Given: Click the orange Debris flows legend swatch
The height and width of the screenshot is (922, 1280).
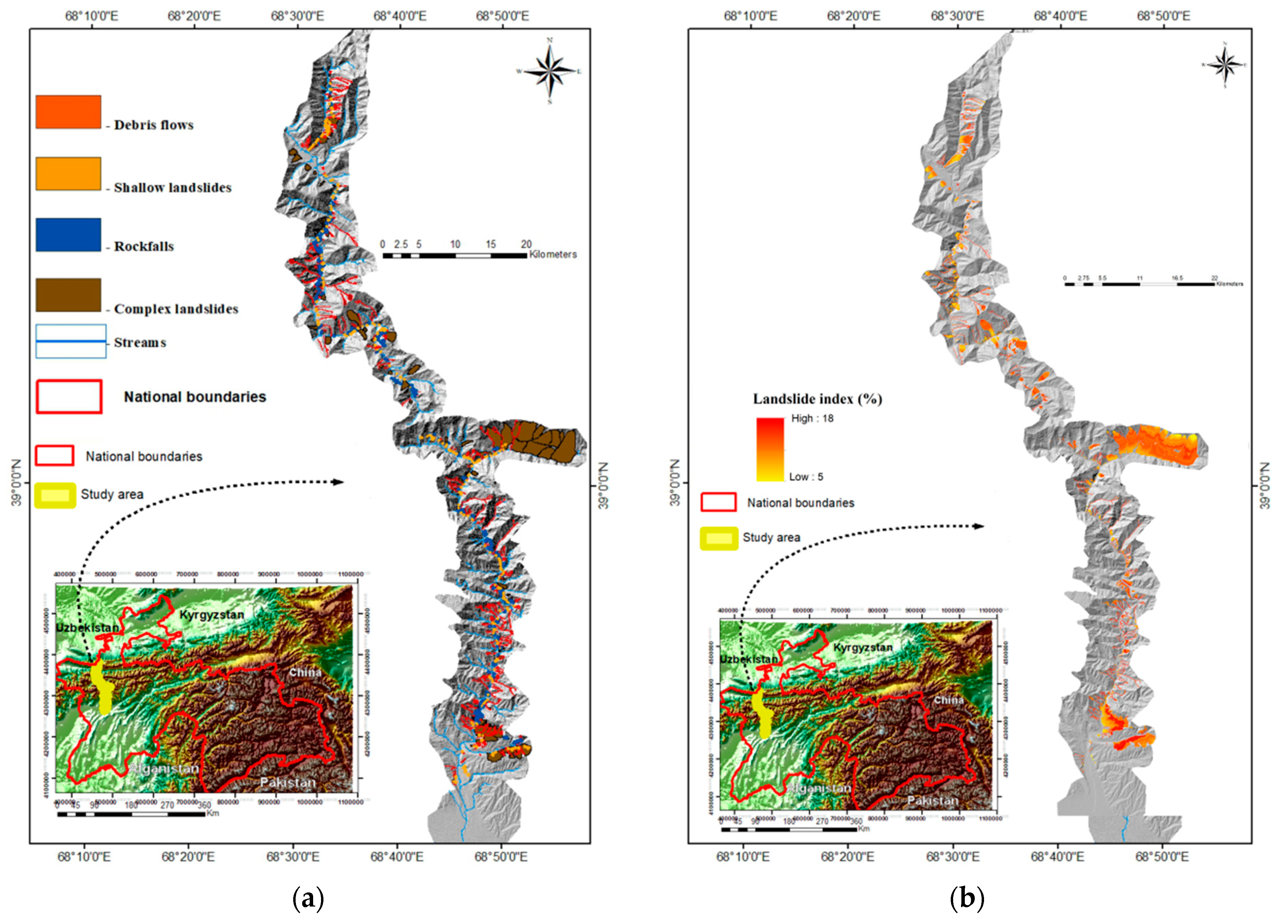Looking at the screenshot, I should pyautogui.click(x=68, y=112).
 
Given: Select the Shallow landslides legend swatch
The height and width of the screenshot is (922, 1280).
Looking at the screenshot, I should pyautogui.click(x=68, y=173).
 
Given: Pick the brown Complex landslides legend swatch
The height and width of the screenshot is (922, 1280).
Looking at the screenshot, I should pyautogui.click(x=68, y=295).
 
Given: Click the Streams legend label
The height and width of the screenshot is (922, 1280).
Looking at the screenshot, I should pyautogui.click(x=140, y=343).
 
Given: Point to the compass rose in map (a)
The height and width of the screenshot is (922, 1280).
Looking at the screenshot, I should pyautogui.click(x=550, y=72).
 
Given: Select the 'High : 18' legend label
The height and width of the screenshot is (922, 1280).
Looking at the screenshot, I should pyautogui.click(x=812, y=418).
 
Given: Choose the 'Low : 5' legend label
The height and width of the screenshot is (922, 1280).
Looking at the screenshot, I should pyautogui.click(x=806, y=477).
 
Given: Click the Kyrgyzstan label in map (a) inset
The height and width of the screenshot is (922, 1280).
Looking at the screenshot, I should pyautogui.click(x=212, y=615).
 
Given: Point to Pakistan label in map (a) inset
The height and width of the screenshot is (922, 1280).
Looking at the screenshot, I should pyautogui.click(x=287, y=783).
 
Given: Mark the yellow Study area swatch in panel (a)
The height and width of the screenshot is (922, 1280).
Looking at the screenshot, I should pyautogui.click(x=55, y=495).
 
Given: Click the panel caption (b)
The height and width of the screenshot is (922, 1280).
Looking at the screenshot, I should pyautogui.click(x=967, y=898).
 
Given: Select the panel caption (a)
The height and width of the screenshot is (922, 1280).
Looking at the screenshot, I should pyautogui.click(x=308, y=898).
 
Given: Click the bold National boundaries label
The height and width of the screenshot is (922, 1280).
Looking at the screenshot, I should pyautogui.click(x=195, y=397).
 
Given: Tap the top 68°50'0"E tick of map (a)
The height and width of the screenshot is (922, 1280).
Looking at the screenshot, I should pyautogui.click(x=502, y=16).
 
